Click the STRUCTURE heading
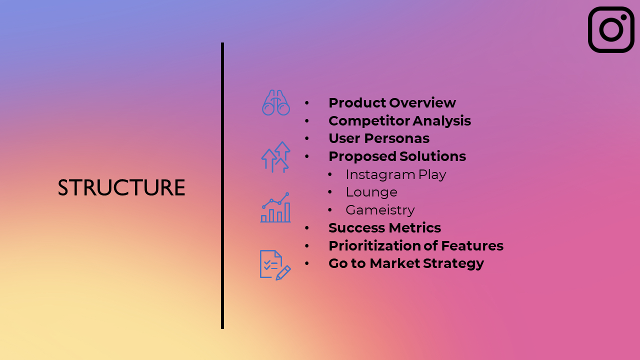tap(121, 187)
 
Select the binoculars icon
tap(276, 102)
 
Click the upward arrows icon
tap(275, 157)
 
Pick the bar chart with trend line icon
tap(275, 207)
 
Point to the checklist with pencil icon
tap(275, 265)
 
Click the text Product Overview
tap(392, 103)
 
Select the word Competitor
tap(369, 121)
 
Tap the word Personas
tap(397, 138)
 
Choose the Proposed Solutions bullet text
tap(397, 156)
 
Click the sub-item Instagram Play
tap(395, 175)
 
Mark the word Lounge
tap(371, 192)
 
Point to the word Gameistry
tap(380, 210)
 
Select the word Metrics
tap(414, 228)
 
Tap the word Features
tap(472, 245)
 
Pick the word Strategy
tap(453, 263)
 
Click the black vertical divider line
tap(222, 185)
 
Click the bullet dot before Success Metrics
tap(307, 228)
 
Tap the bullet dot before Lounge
tap(330, 192)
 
